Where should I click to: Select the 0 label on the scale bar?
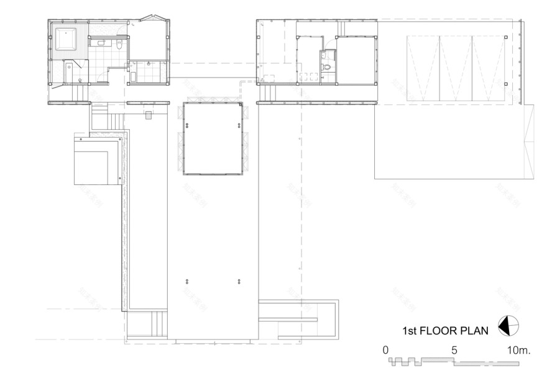tap(385, 350)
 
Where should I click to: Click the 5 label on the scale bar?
tap(454, 350)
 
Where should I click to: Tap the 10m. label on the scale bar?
tap(518, 350)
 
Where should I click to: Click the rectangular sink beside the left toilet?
tap(100, 43)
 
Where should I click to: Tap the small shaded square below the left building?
tap(148, 115)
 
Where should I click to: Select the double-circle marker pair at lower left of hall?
tap(186, 282)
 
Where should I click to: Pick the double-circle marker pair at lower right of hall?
tap(239, 282)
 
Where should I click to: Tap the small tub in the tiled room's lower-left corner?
tap(133, 78)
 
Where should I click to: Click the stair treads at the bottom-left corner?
tap(159, 322)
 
